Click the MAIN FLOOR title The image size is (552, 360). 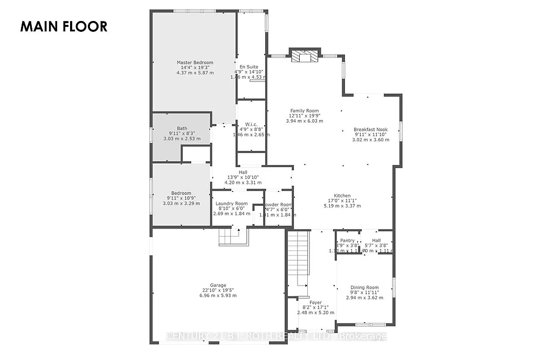pos(64,26)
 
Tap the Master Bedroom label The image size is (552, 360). pos(195,63)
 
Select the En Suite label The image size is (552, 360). pos(249,67)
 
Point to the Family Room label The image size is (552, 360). pos(305,111)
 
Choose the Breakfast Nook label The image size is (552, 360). pos(370,129)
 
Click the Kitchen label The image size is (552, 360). pos(342,196)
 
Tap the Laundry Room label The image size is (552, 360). pos(231,204)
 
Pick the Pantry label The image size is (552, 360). pos(347,240)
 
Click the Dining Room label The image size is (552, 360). pos(364,288)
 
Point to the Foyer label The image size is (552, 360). pos(315,302)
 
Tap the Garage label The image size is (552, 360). pos(218,285)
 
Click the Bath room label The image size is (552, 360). pos(182,128)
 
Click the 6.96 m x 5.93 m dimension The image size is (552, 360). pos(218,295)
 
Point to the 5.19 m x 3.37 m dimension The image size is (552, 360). pos(342,206)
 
